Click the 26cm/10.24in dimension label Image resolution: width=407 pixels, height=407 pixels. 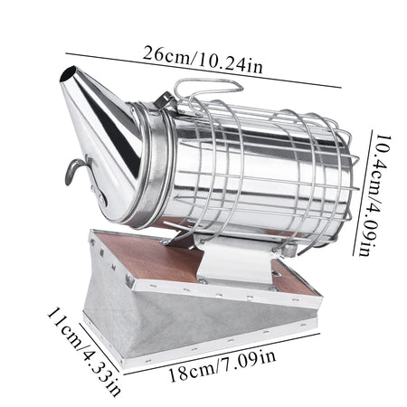(x=203, y=60)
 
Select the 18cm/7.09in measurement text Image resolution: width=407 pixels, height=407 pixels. (x=222, y=366)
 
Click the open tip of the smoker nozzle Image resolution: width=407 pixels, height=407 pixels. (x=68, y=74)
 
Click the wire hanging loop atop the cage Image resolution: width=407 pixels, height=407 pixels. (x=208, y=89)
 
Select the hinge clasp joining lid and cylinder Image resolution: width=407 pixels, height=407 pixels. (x=166, y=101)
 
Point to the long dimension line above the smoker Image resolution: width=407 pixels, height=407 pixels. (x=203, y=71)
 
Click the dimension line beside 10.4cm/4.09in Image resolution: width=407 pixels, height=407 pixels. (x=363, y=193)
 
